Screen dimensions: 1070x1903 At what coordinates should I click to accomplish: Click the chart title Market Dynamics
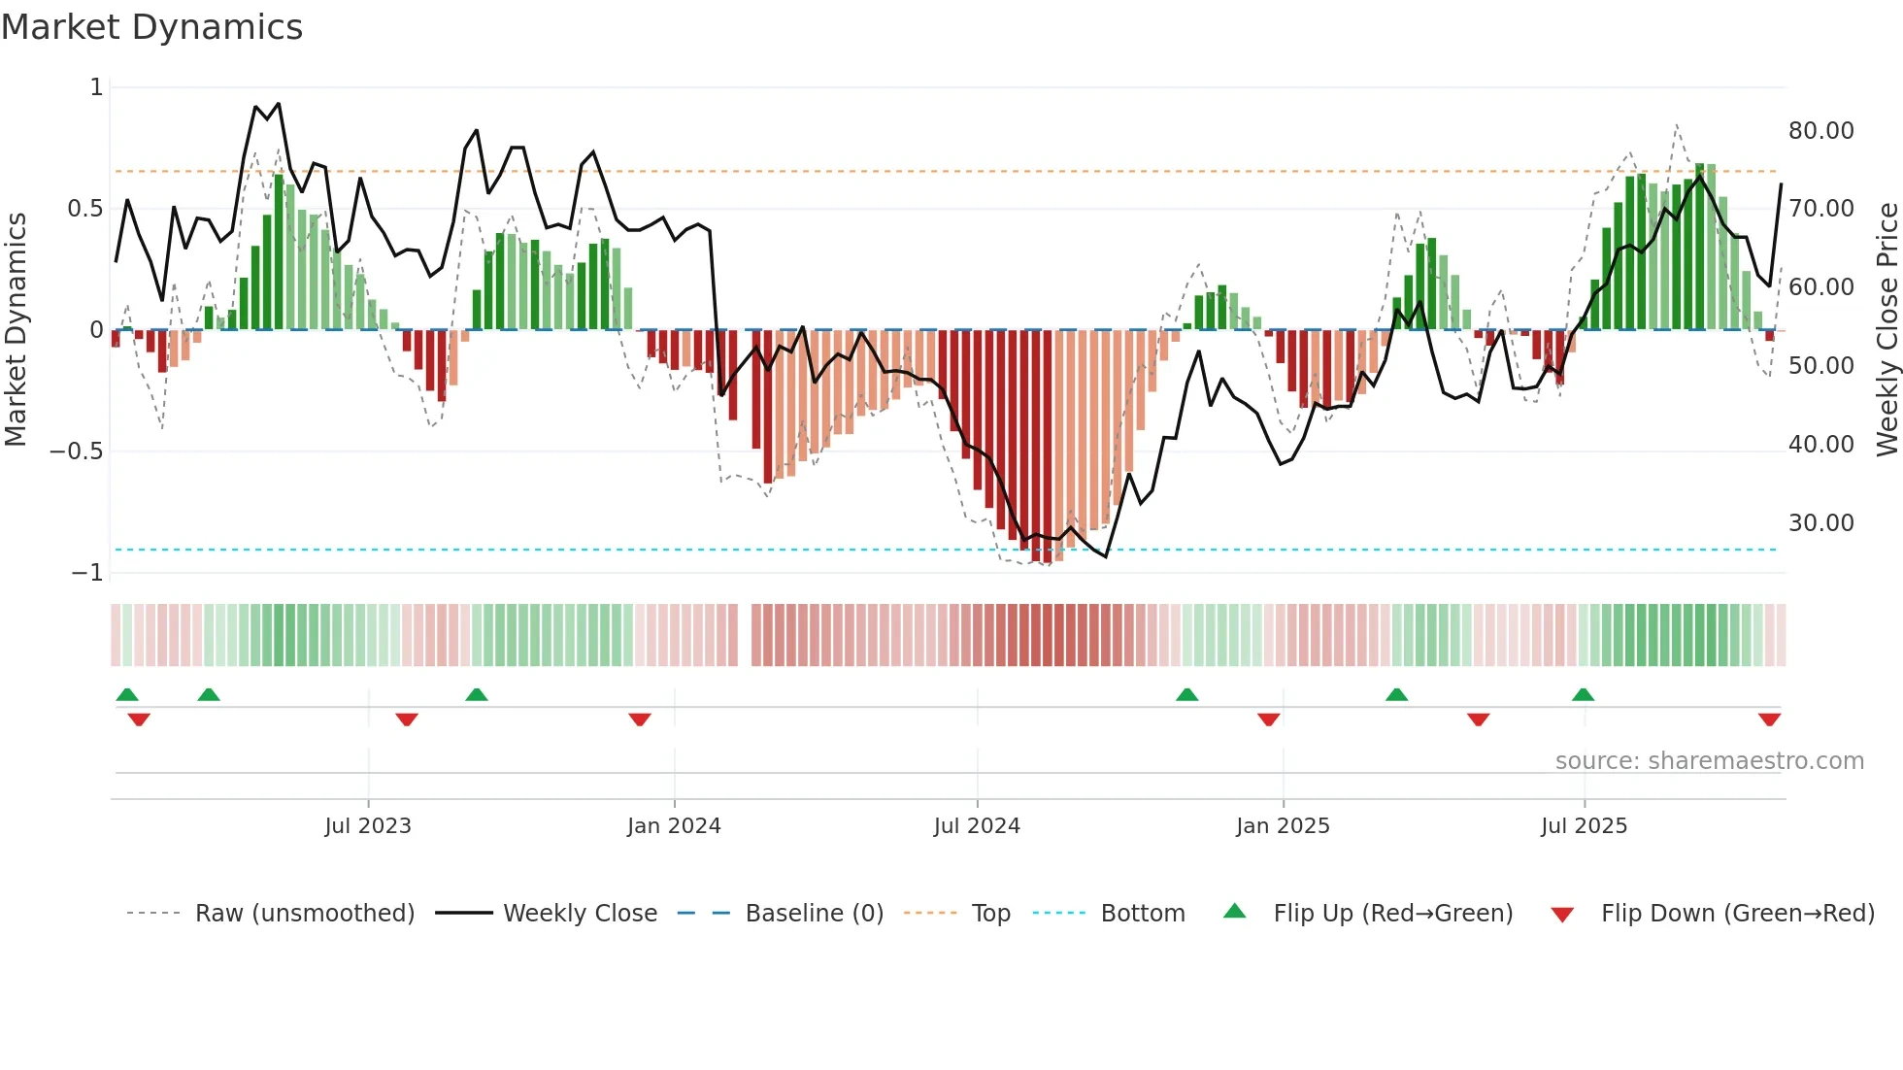pos(151,27)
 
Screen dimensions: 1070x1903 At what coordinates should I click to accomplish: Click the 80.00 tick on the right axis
pos(1820,131)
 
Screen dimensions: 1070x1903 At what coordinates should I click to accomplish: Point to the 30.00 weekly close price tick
pos(1820,523)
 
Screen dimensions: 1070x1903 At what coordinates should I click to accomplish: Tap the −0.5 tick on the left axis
pos(76,451)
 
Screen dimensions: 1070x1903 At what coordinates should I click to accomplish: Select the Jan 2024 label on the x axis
pos(674,826)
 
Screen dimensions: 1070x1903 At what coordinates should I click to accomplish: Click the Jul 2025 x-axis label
pos(1584,826)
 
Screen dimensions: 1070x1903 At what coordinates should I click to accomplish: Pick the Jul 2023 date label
pos(368,826)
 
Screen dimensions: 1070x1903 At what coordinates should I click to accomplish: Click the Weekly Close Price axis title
pos(1886,330)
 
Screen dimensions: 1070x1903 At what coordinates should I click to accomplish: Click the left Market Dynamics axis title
pos(16,330)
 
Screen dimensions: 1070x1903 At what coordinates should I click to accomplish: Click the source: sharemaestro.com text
pos(1709,761)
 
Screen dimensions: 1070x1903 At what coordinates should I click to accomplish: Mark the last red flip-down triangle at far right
pos(1769,719)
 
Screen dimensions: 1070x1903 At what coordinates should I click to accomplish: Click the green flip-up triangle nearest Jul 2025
pos(1583,694)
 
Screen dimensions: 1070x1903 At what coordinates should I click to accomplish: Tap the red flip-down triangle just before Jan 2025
pos(1268,719)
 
